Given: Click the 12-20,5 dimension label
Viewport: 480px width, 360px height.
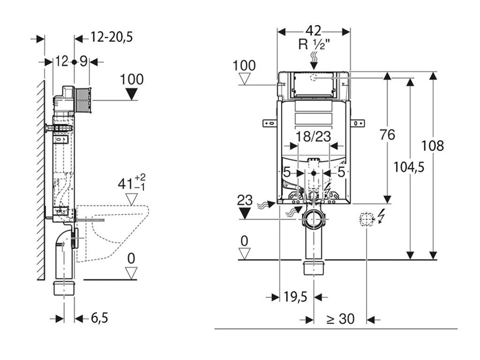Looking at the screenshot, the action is tap(112, 37).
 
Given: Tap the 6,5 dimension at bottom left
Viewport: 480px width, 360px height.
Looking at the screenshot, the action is tap(100, 318).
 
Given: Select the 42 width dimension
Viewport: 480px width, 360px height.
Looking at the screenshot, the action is tap(314, 31).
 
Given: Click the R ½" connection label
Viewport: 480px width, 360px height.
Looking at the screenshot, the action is tap(314, 45).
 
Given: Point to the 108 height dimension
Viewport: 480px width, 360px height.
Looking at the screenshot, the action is tap(432, 146).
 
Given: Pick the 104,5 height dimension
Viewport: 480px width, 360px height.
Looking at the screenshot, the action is tap(409, 167).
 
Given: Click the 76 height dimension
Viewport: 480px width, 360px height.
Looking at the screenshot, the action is tap(387, 135).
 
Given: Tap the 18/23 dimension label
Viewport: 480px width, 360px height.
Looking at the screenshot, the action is tap(314, 136).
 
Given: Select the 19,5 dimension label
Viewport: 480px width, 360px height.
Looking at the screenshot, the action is tap(295, 297).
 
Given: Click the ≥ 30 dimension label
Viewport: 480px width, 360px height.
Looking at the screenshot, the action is tap(340, 319).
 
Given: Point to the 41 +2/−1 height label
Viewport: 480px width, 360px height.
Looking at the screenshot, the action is tap(132, 183).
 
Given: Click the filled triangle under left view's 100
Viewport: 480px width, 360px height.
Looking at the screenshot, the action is tap(132, 94).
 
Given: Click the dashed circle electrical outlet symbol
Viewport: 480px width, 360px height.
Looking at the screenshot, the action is tap(367, 219).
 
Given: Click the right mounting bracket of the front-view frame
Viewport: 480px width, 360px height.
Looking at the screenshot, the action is tap(357, 123).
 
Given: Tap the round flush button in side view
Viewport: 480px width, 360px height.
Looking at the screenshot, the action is tap(83, 100).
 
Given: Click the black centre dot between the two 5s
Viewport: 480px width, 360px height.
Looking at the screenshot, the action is tap(313, 173).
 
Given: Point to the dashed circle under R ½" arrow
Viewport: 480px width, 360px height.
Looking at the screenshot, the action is tap(313, 77).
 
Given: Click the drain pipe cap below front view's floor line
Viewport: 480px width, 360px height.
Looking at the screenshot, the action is tap(314, 268).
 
